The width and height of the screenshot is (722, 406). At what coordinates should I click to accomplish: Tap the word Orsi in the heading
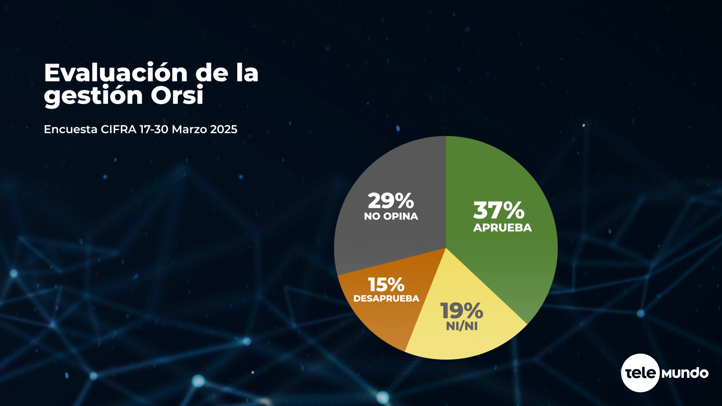tap(177, 95)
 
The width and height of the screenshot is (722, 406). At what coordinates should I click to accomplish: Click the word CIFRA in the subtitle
tap(118, 129)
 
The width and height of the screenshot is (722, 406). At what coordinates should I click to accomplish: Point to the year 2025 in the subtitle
tap(224, 129)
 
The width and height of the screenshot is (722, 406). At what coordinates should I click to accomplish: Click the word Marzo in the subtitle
tap(189, 129)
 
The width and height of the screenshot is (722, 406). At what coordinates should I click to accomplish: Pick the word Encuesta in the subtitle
tap(71, 129)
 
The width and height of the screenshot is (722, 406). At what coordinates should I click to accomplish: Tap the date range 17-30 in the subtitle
tap(154, 129)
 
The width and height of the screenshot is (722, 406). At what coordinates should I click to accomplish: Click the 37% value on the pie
tap(499, 210)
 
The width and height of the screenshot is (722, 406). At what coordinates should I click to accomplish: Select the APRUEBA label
tap(502, 228)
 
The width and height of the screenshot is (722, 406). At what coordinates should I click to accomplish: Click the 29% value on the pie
tap(391, 201)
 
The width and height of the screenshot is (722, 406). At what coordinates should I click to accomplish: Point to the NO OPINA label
tap(391, 217)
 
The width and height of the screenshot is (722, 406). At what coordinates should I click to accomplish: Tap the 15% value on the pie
tap(386, 285)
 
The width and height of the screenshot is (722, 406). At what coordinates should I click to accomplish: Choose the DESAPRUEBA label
tap(386, 298)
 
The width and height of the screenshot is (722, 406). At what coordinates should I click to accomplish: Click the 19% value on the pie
tap(462, 311)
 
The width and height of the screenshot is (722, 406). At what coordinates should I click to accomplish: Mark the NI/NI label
tap(462, 326)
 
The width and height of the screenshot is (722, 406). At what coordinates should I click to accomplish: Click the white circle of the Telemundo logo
tap(640, 373)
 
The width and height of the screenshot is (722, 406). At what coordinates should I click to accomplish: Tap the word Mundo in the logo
tap(685, 373)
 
